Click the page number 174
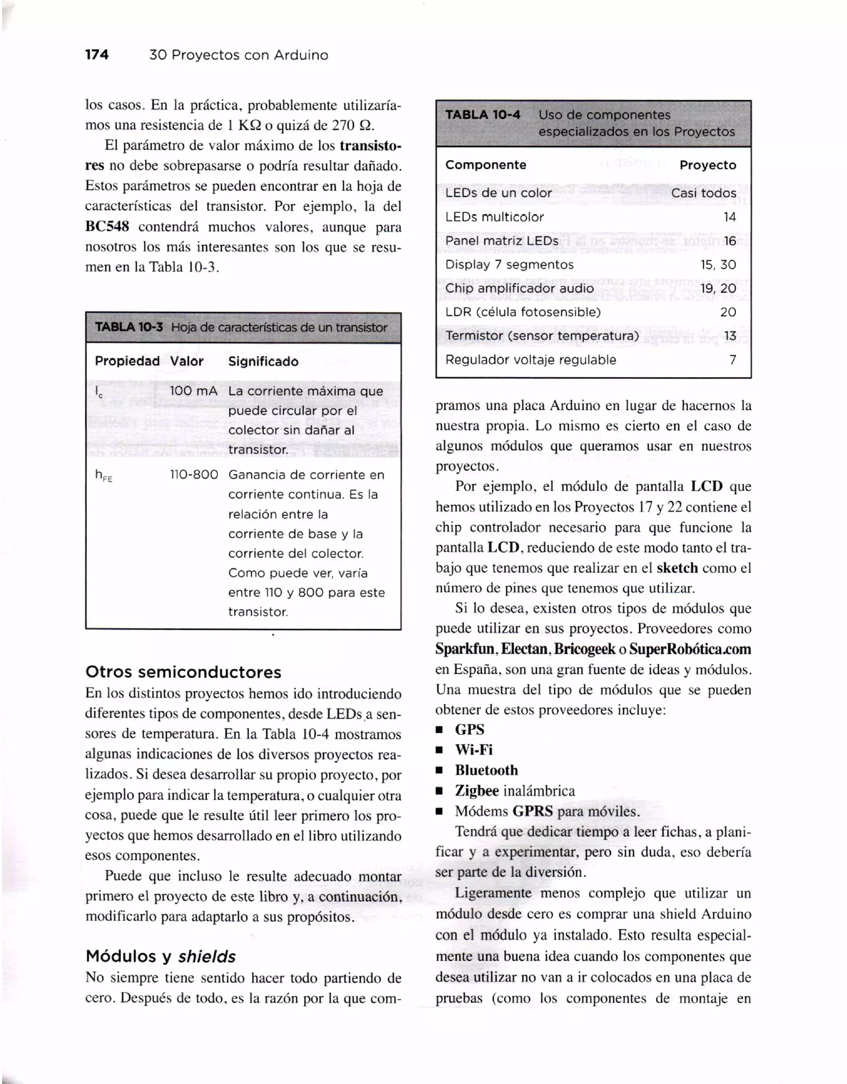pos(97,55)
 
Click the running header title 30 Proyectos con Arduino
pos(239,55)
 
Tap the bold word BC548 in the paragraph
pos(107,227)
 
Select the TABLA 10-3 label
pos(129,327)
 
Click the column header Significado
pos(263,361)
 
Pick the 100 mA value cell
pos(194,391)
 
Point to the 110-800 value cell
pos(194,474)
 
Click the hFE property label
pos(103,476)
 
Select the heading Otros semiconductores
pos(183,672)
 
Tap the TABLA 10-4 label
pos(482,115)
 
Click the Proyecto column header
pos(708,165)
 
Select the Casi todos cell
pos(703,193)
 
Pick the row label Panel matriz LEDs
pos(501,241)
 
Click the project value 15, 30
pos(718,265)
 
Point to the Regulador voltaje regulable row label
pos(531,360)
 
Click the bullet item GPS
pos(469,730)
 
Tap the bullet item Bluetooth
pos(486,771)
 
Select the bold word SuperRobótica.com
pos(690,649)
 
